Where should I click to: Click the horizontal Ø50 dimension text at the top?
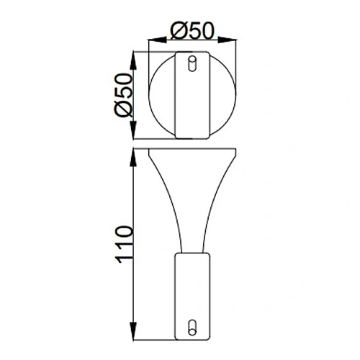click(x=192, y=31)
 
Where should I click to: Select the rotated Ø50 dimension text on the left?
click(x=124, y=94)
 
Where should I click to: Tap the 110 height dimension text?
click(x=124, y=244)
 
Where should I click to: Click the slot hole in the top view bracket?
click(x=192, y=65)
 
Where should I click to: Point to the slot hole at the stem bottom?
click(x=192, y=325)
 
